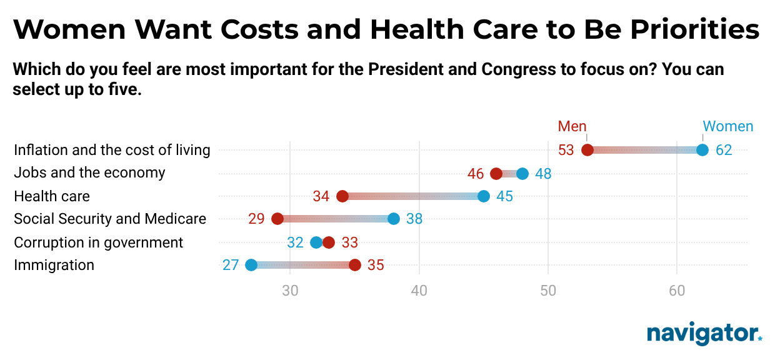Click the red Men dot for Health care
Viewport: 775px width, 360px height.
click(x=342, y=196)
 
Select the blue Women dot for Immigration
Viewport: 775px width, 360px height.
click(x=251, y=265)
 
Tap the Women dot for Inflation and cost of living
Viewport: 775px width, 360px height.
click(x=702, y=150)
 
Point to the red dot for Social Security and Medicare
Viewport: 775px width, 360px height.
click(x=277, y=219)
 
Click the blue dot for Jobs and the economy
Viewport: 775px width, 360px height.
click(x=522, y=174)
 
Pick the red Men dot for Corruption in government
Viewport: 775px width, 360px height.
click(x=329, y=242)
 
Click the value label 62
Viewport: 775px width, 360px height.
click(x=724, y=151)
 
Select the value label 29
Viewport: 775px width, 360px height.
click(x=256, y=219)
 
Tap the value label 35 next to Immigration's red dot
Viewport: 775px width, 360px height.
click(x=376, y=266)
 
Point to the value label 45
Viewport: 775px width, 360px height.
click(x=505, y=197)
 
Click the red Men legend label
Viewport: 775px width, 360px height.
click(x=572, y=126)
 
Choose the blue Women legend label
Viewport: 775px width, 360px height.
click(x=728, y=126)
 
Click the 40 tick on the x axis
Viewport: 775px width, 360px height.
click(x=419, y=291)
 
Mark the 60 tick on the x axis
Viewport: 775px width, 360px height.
click(x=677, y=291)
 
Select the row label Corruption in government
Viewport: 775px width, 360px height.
click(x=99, y=242)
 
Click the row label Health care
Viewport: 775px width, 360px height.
click(x=52, y=196)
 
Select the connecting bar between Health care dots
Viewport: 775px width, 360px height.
click(x=412, y=196)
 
